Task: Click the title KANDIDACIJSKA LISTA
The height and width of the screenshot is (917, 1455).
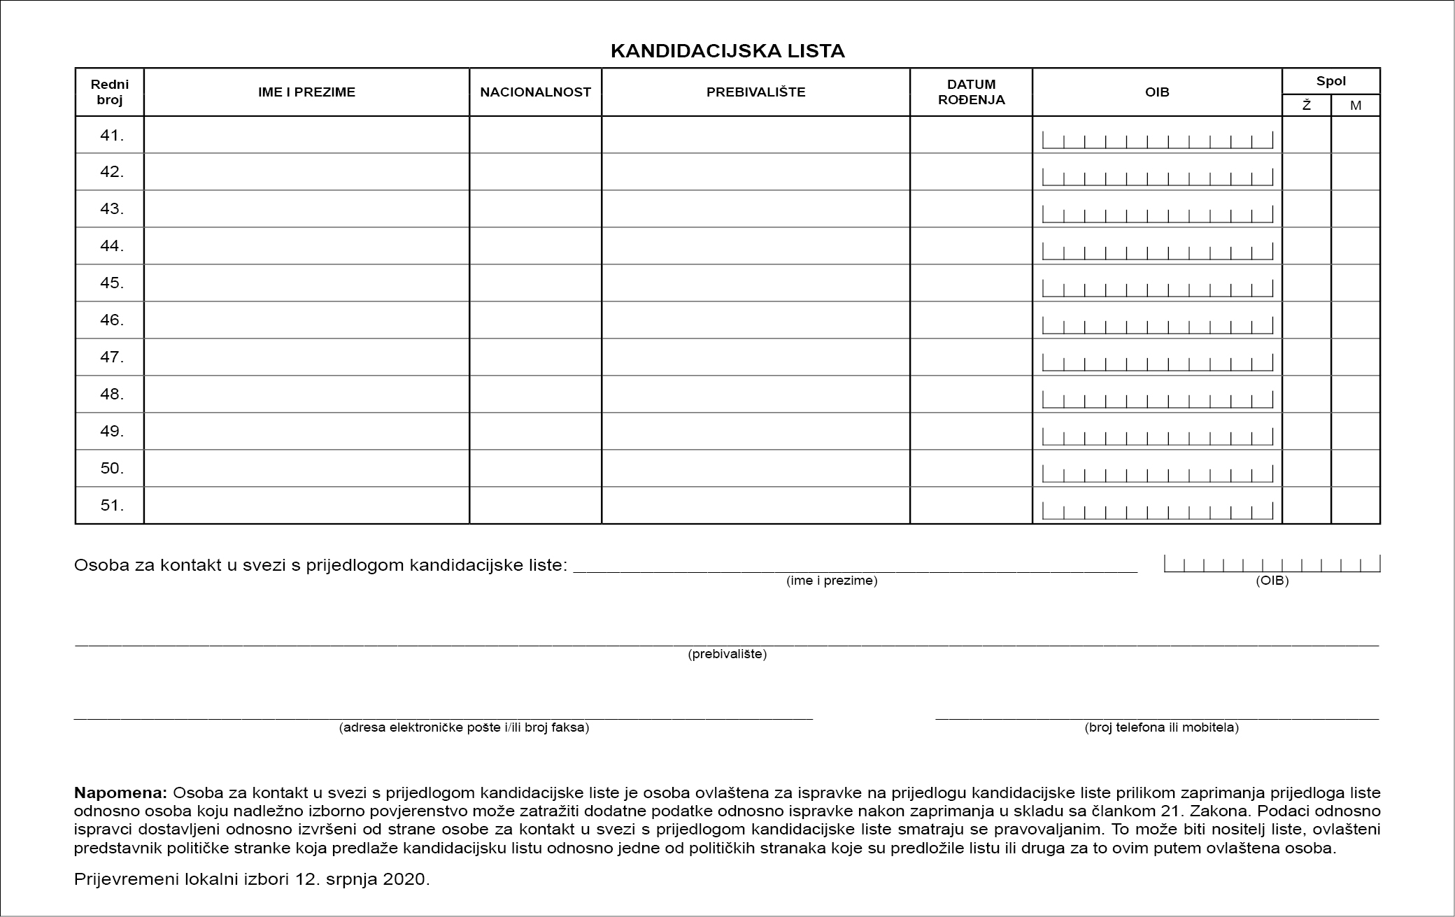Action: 727,51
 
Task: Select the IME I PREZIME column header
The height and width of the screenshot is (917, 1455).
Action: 306,92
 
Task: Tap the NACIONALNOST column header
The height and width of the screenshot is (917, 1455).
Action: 535,92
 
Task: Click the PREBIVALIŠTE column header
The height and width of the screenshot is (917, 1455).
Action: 755,92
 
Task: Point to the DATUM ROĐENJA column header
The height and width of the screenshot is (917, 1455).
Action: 971,92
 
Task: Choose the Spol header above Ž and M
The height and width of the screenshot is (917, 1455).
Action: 1330,81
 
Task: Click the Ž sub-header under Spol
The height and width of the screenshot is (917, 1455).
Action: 1306,106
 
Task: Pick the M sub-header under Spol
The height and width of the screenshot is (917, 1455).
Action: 1356,106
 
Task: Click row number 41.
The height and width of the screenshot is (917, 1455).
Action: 111,135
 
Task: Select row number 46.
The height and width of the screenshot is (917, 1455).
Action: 111,320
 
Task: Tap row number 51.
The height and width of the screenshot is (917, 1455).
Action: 111,505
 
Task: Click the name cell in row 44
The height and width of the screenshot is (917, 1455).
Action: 306,246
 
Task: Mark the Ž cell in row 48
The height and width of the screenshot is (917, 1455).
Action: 1306,394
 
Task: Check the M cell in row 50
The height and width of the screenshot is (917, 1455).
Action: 1356,468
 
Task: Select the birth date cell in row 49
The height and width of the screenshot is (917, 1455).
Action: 971,431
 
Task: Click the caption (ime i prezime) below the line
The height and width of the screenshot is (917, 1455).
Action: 832,581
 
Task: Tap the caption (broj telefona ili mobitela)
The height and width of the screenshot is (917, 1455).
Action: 1161,727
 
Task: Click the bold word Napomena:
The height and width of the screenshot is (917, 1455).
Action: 120,793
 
